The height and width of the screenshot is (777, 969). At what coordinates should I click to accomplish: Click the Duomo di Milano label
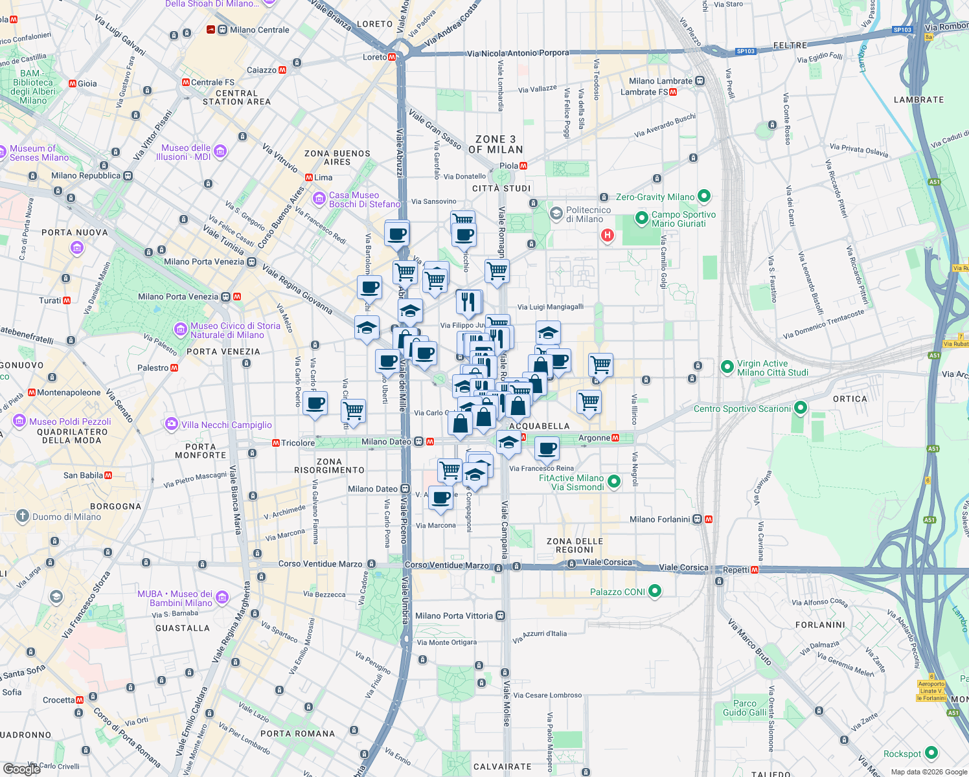point(66,517)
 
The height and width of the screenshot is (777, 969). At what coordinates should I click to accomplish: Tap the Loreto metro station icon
point(392,57)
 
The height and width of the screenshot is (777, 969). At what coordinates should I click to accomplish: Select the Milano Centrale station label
point(259,30)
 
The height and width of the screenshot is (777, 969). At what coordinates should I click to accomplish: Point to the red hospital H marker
point(607,235)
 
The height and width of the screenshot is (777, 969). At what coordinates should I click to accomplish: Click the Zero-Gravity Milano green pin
point(704,196)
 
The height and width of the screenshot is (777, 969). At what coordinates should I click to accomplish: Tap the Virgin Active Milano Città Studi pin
point(727,368)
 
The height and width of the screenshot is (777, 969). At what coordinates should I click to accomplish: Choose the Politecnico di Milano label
point(588,214)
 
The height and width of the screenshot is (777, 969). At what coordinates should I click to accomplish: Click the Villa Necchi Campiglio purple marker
point(171,424)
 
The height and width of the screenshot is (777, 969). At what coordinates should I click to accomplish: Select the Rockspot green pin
point(931,753)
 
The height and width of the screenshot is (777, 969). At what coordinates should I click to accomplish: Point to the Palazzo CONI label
point(617,592)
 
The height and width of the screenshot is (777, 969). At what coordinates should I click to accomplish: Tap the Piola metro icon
point(523,166)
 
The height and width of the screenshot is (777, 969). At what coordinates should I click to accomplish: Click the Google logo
point(21,769)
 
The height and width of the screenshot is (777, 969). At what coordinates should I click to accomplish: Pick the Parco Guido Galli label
point(744,708)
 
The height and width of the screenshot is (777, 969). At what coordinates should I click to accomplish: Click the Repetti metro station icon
point(755,570)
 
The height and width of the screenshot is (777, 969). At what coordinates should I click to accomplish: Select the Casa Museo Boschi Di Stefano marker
point(319,198)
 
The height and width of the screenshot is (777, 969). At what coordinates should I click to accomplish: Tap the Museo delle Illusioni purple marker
point(220,152)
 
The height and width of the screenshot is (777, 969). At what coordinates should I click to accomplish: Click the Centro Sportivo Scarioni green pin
point(800,408)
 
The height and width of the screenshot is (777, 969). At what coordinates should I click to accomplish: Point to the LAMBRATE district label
point(918,100)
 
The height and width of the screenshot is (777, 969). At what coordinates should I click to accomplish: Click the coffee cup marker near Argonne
point(547,448)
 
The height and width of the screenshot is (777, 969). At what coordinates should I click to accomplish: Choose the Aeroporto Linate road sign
point(931,691)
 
